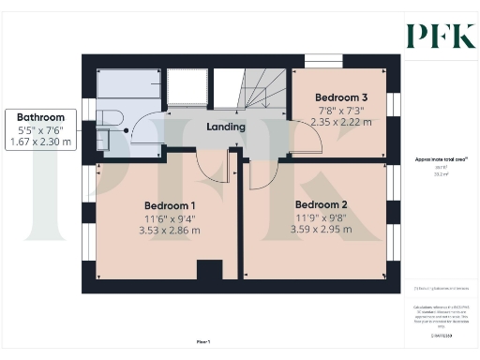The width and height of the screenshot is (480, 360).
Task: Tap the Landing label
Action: coord(226,127)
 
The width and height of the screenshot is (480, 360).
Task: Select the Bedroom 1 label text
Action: coord(170,205)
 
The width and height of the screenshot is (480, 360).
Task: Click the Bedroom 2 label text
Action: coord(322,204)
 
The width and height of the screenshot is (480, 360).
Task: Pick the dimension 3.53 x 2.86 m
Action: coord(170,231)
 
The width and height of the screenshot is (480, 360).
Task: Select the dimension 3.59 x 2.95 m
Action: coord(322,230)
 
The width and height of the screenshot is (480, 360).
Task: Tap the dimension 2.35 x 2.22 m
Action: coord(341,122)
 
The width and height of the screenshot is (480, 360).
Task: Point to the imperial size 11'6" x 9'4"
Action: coord(170,218)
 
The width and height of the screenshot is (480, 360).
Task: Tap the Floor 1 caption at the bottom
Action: coord(203,342)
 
